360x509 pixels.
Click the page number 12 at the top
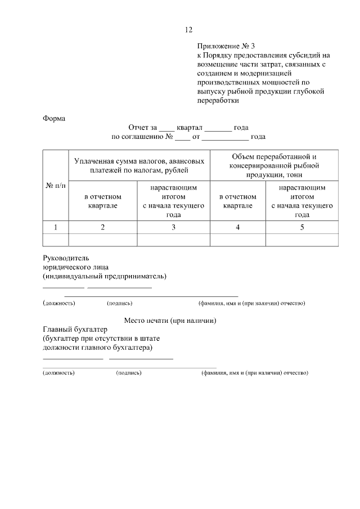pyautogui.click(x=188, y=30)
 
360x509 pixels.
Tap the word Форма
pyautogui.click(x=54, y=119)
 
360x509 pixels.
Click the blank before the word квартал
pyautogui.click(x=166, y=129)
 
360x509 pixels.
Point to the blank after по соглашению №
pyautogui.click(x=182, y=137)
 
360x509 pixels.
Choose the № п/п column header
pyautogui.click(x=55, y=185)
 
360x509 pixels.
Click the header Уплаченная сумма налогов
pyautogui.click(x=139, y=165)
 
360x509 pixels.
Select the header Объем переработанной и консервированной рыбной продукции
pyautogui.click(x=274, y=165)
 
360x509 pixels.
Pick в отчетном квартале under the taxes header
pyautogui.click(x=102, y=201)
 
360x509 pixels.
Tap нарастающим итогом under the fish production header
pyautogui.click(x=301, y=201)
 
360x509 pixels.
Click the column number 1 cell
pyautogui.click(x=55, y=227)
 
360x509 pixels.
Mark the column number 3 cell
pyautogui.click(x=173, y=227)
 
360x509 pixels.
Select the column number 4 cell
pyautogui.click(x=238, y=227)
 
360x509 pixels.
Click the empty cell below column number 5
pyautogui.click(x=301, y=240)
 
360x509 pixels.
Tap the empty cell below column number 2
pyautogui.click(x=102, y=240)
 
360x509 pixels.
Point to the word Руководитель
pyautogui.click(x=66, y=258)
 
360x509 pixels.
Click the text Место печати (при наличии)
pyautogui.click(x=170, y=321)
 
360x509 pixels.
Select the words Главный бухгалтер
pyautogui.click(x=75, y=330)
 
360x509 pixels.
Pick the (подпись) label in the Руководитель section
pyautogui.click(x=119, y=303)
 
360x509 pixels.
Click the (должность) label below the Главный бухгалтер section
pyautogui.click(x=59, y=373)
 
